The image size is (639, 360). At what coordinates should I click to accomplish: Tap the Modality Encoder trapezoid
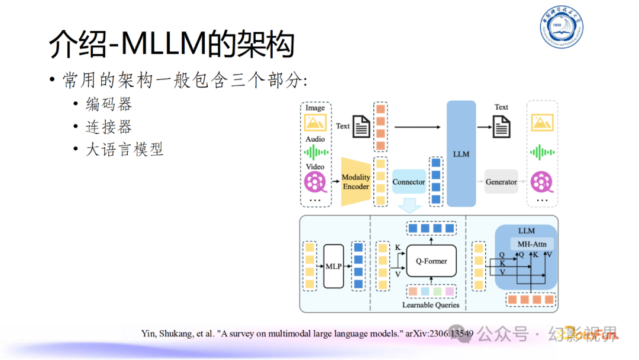(356, 182)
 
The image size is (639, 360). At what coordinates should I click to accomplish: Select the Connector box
(409, 182)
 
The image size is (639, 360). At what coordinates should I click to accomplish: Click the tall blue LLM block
(461, 154)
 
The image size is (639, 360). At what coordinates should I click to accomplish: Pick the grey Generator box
(501, 182)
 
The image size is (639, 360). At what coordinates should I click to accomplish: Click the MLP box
(334, 266)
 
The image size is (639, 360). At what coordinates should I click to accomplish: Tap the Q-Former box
(431, 261)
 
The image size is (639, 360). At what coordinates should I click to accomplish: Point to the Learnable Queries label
(431, 305)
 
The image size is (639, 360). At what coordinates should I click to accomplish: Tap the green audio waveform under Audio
(315, 153)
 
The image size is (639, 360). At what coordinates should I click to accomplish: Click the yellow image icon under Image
(315, 123)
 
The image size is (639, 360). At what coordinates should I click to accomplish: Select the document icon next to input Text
(362, 127)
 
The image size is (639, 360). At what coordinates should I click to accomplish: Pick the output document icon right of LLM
(502, 126)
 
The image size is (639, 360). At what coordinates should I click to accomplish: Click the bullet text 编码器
(109, 104)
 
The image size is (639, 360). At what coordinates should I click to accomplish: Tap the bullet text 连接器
(109, 127)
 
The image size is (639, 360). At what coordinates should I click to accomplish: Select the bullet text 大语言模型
(124, 149)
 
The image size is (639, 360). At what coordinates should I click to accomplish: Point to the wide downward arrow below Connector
(409, 205)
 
